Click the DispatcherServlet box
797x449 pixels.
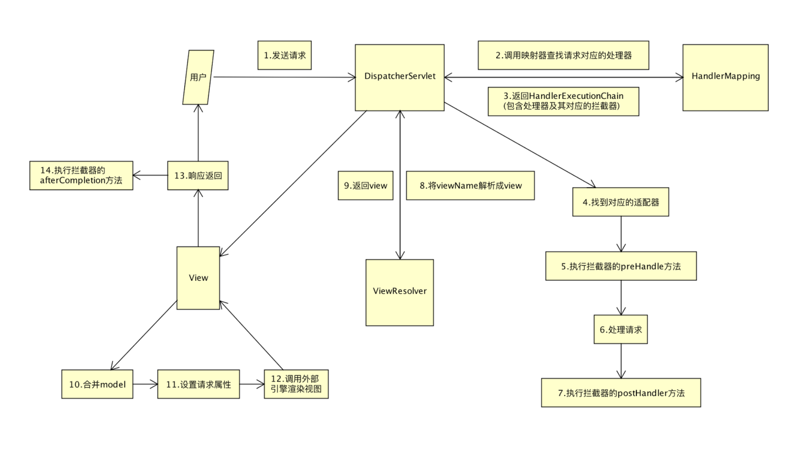[x=399, y=77]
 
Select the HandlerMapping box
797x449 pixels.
[x=725, y=77]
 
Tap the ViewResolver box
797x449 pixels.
[x=399, y=292]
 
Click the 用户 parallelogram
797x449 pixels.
[x=198, y=77]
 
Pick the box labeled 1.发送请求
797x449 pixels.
[x=284, y=55]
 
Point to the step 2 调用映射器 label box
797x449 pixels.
[x=563, y=55]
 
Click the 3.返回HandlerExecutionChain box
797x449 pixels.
[x=563, y=101]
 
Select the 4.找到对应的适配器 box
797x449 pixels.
[x=621, y=202]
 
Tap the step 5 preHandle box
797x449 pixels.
[x=621, y=266]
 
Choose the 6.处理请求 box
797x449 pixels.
[x=621, y=329]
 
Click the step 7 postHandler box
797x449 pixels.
[x=621, y=392]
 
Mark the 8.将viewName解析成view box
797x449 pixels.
[x=470, y=185]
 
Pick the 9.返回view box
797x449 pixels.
[x=365, y=185]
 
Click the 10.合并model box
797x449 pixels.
[x=97, y=384]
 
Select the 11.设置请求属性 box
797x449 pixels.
[x=198, y=384]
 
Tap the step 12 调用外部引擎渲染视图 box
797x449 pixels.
[x=296, y=384]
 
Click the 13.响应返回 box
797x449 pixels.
[x=198, y=175]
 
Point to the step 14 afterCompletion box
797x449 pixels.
[x=81, y=175]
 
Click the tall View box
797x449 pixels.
[x=198, y=278]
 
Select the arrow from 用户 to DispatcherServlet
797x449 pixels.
[x=282, y=77]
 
